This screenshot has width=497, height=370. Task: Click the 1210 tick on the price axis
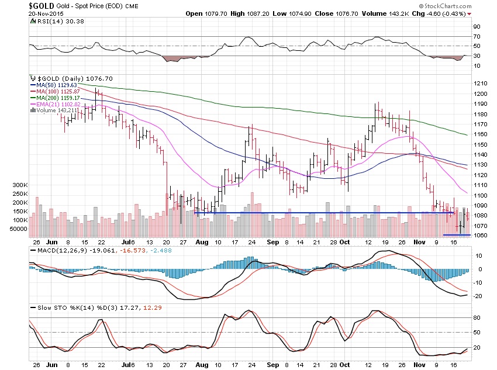click(x=481, y=83)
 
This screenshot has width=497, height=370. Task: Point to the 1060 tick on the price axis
click(x=481, y=236)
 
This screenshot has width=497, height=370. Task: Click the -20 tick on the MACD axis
click(x=478, y=296)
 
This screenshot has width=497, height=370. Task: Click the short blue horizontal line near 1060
click(x=457, y=235)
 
